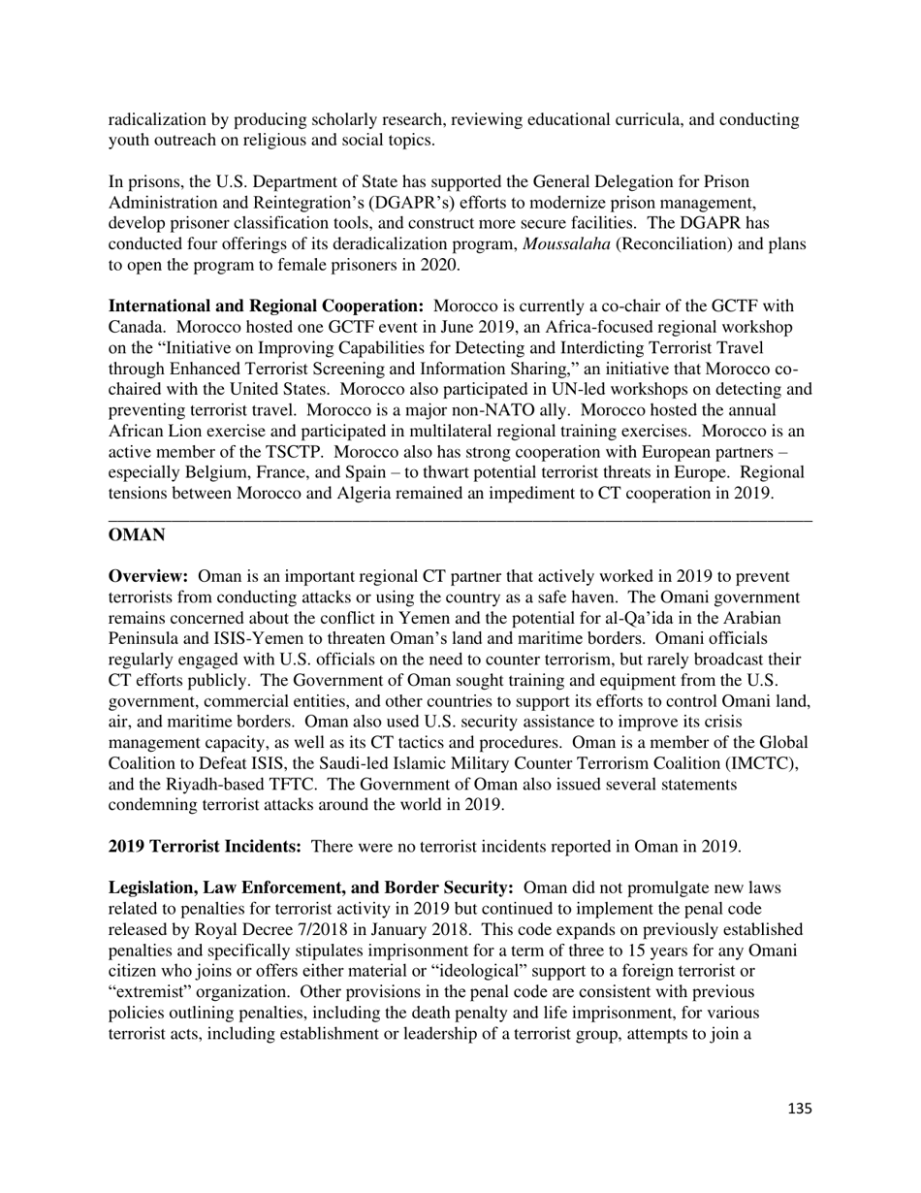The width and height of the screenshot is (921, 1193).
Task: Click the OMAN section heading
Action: click(136, 535)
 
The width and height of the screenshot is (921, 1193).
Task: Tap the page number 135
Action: click(799, 1109)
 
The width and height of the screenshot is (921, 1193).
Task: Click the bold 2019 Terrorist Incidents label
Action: click(205, 847)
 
